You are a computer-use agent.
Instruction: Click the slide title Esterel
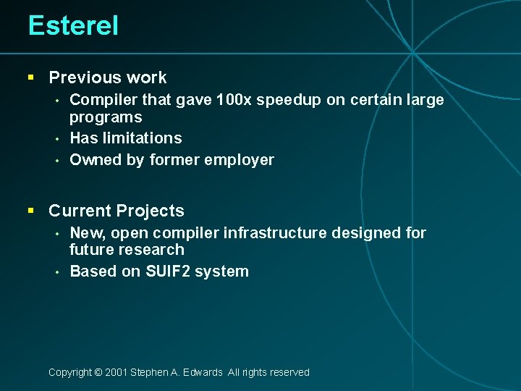pyautogui.click(x=73, y=26)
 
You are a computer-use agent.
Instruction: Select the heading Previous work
pyautogui.click(x=107, y=77)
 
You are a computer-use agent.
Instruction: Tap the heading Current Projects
pyautogui.click(x=116, y=211)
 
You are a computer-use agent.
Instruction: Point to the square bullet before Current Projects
pyautogui.click(x=30, y=211)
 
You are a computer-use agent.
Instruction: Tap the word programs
pyautogui.click(x=106, y=117)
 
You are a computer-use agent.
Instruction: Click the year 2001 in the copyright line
pyautogui.click(x=116, y=372)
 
